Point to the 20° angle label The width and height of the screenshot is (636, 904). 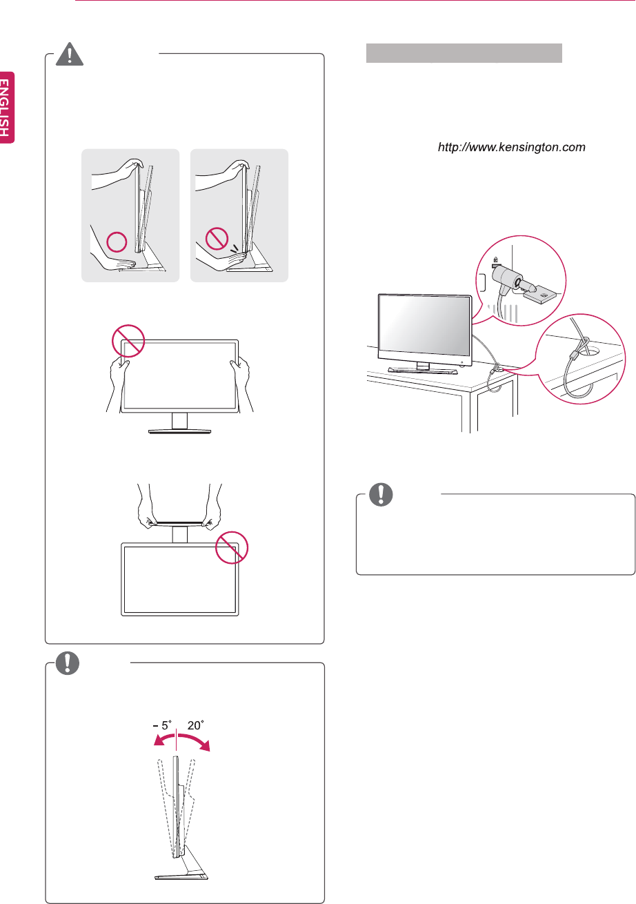pos(196,725)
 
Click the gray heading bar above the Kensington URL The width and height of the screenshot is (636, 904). pos(464,53)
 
